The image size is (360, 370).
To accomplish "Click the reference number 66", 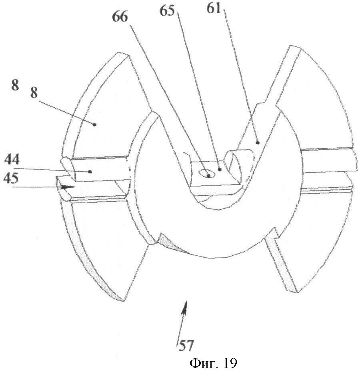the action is pos(120,17).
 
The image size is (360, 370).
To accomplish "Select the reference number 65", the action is pos(167,11).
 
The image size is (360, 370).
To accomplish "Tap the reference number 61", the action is pos(213,8).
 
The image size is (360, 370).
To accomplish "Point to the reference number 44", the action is pos(12,159).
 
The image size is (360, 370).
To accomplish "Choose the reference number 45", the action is pos(11,178).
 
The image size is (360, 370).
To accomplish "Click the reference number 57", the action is pos(186,346).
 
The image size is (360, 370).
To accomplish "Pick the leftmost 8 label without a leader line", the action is pos(15,85).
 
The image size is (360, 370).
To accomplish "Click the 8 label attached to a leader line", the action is pos(34,93).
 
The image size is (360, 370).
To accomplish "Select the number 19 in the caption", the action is pos(229,362).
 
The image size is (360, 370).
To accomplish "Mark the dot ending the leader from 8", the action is pos(94,124).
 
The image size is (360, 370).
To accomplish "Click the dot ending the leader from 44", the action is pos(90,172).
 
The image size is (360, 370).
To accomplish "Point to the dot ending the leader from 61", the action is pos(258,143).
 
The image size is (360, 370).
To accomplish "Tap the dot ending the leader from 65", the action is pos(220,169).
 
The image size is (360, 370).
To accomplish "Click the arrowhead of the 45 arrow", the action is pos(68,187).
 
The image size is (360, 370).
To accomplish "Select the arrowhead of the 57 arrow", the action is pos(185,307).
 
